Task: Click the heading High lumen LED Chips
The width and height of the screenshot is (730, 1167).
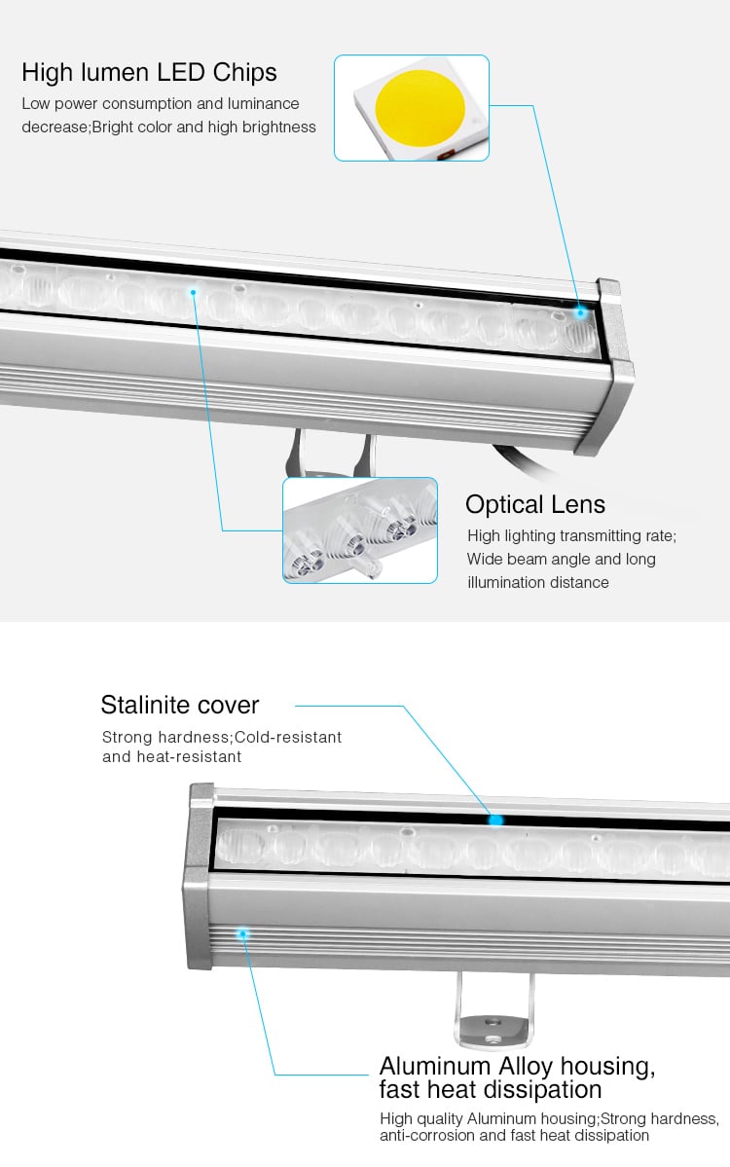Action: [x=149, y=72]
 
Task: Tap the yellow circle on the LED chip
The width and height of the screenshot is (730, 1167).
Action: [x=420, y=107]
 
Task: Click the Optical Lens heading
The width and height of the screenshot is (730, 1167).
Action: [x=535, y=504]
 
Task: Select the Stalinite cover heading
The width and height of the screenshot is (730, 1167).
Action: [x=180, y=704]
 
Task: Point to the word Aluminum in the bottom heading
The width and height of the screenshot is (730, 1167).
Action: [x=434, y=1066]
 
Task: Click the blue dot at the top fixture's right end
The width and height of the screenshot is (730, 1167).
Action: [x=580, y=312]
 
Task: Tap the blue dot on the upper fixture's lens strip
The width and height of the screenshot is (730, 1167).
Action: [x=194, y=293]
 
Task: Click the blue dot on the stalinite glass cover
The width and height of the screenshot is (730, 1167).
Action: [x=495, y=821]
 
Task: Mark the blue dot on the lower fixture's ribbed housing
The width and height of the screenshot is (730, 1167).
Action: [x=241, y=933]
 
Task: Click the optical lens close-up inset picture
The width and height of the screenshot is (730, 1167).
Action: [x=360, y=529]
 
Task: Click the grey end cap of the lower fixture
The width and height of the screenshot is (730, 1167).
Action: [x=199, y=877]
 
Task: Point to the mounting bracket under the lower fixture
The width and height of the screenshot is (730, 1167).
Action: [x=494, y=1009]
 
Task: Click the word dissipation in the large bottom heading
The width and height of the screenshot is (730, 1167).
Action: [x=541, y=1090]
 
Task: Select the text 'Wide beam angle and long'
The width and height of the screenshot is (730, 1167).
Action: [x=561, y=559]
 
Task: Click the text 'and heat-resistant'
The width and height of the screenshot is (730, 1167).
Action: [x=172, y=757]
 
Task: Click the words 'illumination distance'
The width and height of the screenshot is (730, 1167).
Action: [x=538, y=582]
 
